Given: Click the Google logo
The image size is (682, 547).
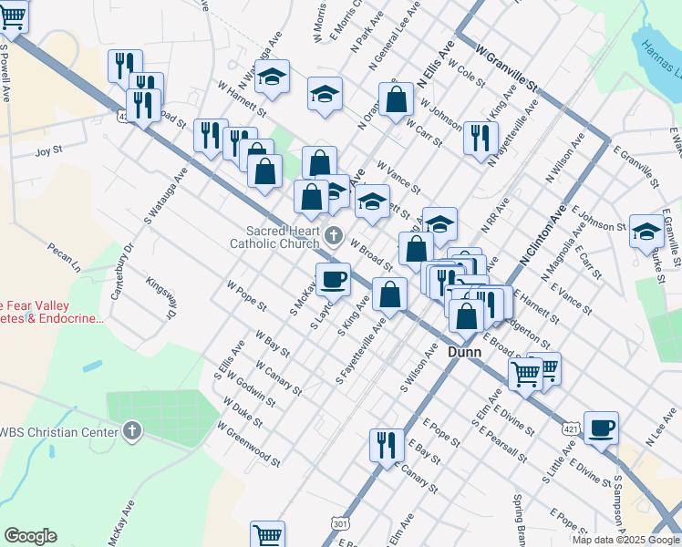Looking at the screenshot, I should point(30,536).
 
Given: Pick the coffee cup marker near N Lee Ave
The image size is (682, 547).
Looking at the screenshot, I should point(601,428).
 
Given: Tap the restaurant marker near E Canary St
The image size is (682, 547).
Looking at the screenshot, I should point(387,445).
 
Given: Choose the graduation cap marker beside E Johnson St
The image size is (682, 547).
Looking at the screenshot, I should point(646,231).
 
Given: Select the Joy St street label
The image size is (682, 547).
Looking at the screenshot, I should point(49,149).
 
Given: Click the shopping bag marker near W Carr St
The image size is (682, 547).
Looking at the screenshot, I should point(397,100).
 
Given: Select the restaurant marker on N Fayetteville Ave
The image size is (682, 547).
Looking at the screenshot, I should point(477,137).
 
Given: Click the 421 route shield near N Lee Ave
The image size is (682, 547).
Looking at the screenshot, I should point(570,402).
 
